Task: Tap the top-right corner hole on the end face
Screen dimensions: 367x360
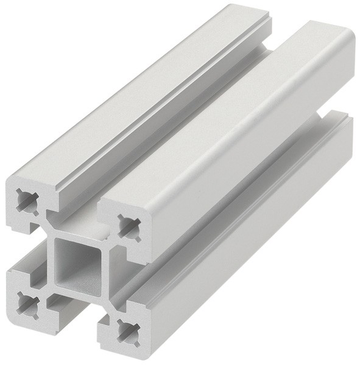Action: (127, 226)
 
